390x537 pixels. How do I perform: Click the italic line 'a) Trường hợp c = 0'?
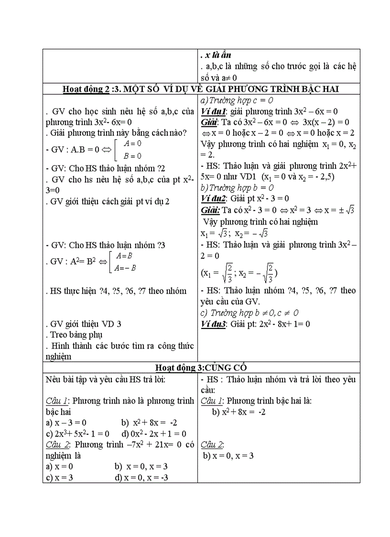coord(237,100)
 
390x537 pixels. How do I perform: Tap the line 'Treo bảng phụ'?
coord(75,335)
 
